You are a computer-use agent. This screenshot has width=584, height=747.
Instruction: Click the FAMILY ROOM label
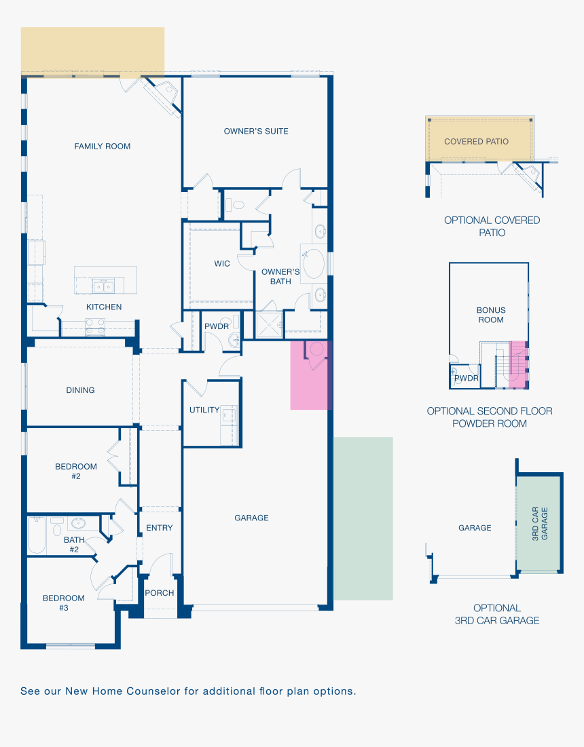102,147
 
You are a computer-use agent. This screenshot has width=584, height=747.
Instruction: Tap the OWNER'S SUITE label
256,131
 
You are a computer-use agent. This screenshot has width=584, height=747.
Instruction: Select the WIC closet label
222,263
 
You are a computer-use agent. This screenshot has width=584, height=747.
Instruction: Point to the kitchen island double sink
103,286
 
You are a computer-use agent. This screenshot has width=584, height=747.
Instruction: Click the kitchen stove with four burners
95,327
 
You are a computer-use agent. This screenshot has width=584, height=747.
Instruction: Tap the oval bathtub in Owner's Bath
314,263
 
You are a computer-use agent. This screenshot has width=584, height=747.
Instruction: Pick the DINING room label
80,390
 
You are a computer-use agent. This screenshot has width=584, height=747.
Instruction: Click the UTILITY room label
204,410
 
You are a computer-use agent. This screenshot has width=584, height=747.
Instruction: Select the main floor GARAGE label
251,518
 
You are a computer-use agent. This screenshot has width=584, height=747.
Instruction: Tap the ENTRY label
159,528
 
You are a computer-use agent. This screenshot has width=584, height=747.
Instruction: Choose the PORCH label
159,593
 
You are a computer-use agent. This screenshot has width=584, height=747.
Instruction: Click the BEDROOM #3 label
63,602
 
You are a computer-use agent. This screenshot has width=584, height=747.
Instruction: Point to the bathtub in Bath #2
37,535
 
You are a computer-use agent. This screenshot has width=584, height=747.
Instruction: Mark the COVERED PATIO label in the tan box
476,142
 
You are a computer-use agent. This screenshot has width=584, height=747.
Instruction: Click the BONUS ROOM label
490,315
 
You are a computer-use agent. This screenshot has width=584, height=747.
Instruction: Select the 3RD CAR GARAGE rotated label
540,524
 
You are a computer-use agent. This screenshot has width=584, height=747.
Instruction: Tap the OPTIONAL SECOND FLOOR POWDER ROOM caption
490,417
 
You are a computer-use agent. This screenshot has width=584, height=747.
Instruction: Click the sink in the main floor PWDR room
234,340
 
